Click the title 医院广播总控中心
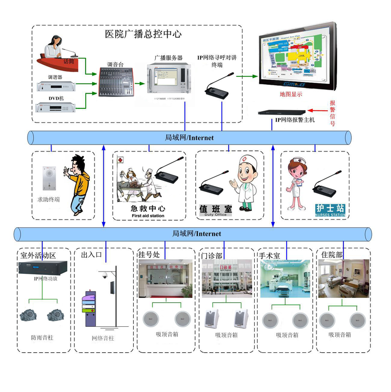(x=143, y=34)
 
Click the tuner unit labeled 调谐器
(x=57, y=86)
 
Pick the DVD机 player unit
(x=57, y=107)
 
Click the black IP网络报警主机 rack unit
(x=284, y=111)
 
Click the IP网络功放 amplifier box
(x=46, y=268)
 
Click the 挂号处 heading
(x=149, y=255)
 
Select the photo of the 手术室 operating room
(x=285, y=278)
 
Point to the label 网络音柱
(x=103, y=338)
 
